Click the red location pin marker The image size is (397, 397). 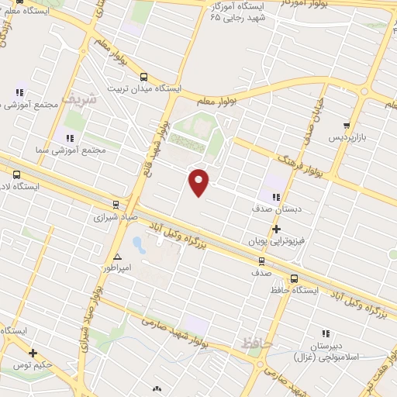pyautogui.click(x=199, y=181)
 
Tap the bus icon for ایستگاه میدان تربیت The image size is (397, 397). pyautogui.click(x=143, y=77)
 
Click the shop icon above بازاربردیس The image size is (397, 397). pyautogui.click(x=347, y=125)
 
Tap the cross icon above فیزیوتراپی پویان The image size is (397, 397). pyautogui.click(x=277, y=229)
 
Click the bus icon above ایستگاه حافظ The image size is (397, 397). pyautogui.click(x=294, y=278)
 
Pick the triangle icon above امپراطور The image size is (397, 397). pyautogui.click(x=117, y=257)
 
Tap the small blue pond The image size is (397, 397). pyautogui.click(x=138, y=246)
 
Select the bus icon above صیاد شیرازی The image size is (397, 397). pyautogui.click(x=116, y=205)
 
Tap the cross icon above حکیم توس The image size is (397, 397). pyautogui.click(x=33, y=353)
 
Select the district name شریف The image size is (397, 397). pyautogui.click(x=81, y=98)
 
